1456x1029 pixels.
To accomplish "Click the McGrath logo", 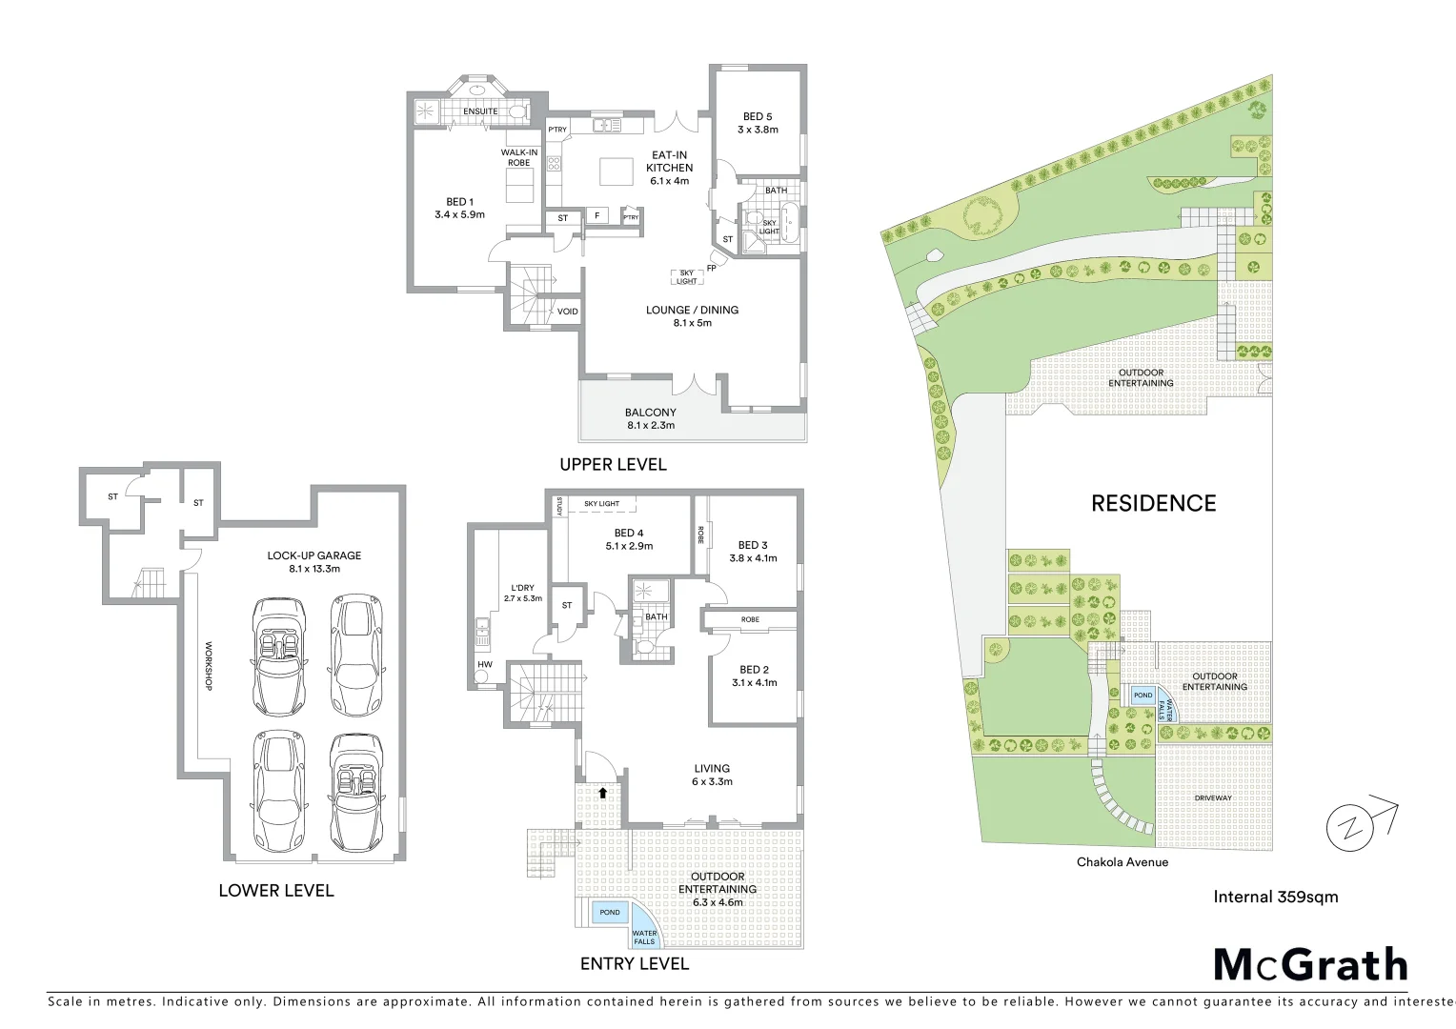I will (x=1310, y=964).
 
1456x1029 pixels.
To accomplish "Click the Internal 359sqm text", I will (x=1276, y=897).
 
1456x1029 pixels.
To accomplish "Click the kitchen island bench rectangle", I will (x=617, y=172).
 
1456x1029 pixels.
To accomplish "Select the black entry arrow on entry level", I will (x=602, y=791).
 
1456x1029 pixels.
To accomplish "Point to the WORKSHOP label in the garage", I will (x=208, y=667).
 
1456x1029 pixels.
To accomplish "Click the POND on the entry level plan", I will (x=610, y=913).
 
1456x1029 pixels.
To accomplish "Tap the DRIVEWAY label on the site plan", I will (x=1213, y=798).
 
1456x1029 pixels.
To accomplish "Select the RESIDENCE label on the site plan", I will (x=1153, y=503).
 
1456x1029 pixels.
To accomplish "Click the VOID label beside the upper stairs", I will (x=568, y=312).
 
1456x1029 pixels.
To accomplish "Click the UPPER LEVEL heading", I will (x=613, y=465).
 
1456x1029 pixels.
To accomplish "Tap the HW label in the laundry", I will (x=485, y=664).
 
